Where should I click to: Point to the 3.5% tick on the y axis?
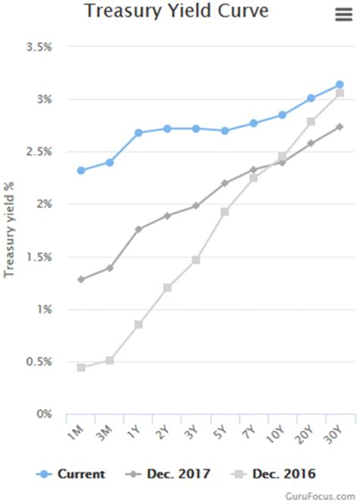(x=39, y=47)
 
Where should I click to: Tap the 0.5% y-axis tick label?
(x=39, y=362)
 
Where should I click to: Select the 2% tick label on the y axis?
(x=43, y=204)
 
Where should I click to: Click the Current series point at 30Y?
(x=339, y=85)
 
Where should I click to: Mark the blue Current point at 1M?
(x=81, y=170)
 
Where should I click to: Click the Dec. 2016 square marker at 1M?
(x=81, y=367)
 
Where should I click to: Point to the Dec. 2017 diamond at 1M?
(x=81, y=279)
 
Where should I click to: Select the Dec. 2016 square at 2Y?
(x=167, y=288)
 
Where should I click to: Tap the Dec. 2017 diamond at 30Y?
(x=339, y=127)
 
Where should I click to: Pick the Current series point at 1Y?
(x=138, y=133)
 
